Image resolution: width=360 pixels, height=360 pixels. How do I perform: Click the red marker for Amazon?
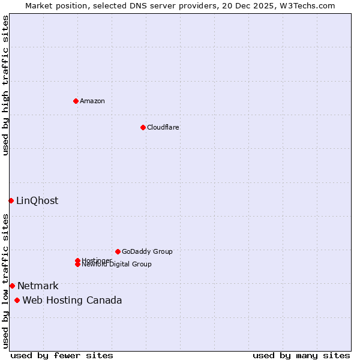click(76, 101)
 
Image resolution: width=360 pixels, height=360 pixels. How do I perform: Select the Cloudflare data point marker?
click(143, 127)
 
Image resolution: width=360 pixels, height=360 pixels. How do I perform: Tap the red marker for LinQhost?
click(11, 200)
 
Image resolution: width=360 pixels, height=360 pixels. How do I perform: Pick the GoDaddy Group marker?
click(118, 251)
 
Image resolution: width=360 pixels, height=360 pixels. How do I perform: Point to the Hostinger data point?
click(77, 260)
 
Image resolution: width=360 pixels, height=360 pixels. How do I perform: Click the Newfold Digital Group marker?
click(77, 264)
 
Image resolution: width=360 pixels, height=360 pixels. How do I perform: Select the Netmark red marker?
click(12, 286)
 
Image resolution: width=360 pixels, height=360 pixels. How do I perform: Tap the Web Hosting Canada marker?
click(17, 300)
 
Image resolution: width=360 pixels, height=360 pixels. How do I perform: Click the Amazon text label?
click(92, 101)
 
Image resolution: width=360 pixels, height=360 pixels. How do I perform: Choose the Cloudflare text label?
click(163, 127)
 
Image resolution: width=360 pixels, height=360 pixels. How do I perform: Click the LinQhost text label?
click(37, 200)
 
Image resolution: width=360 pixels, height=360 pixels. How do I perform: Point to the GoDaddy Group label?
click(147, 251)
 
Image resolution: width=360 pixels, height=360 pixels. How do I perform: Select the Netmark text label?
click(38, 286)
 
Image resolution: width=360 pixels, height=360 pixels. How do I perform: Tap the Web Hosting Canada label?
click(72, 300)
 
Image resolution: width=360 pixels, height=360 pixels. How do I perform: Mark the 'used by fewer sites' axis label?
click(62, 355)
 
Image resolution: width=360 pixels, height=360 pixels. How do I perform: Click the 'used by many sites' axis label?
click(301, 355)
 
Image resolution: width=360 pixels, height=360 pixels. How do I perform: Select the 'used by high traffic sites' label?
click(5, 85)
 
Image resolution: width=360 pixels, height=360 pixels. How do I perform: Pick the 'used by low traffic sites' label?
click(5, 281)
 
